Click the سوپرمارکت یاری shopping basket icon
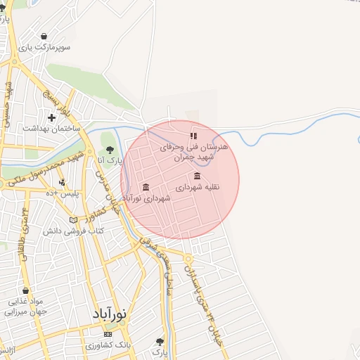click(44, 37)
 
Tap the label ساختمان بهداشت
click(52, 129)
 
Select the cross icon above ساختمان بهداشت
click(51, 117)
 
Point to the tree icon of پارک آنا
click(109, 149)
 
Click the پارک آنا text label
click(110, 161)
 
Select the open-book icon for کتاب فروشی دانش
click(73, 219)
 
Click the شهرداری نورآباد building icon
click(146, 187)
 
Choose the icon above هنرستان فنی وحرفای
click(193, 136)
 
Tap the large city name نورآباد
click(109, 314)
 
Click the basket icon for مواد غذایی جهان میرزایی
click(25, 290)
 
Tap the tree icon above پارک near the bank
click(161, 342)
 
